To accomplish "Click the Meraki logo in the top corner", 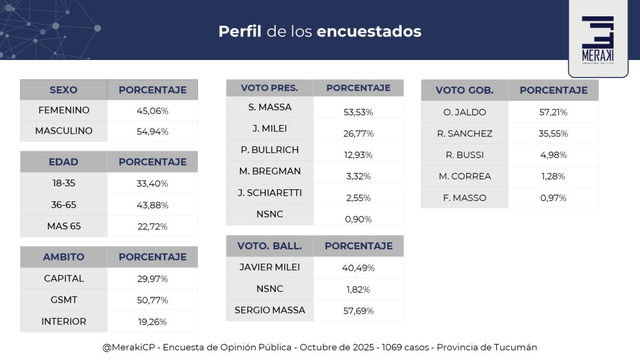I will tap(597, 39).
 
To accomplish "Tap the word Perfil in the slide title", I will tap(239, 31).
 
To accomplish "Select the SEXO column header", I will tap(63, 90).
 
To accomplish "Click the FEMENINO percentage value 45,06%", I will tap(152, 111).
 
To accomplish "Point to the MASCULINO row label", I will tap(64, 131).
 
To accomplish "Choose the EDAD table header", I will tap(63, 162).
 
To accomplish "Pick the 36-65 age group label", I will tap(64, 204).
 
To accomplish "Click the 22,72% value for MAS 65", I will tap(152, 226).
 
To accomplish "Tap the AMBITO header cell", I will tap(63, 257).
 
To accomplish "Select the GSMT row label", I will tap(64, 300).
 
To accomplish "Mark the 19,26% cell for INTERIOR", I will tap(152, 322).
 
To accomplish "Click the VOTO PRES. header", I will tap(269, 88).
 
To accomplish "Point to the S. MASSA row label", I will tap(269, 107).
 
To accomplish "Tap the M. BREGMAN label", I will tap(269, 171).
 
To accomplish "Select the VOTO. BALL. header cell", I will tap(269, 246).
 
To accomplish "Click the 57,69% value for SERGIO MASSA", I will tap(358, 311).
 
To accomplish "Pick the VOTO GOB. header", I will tap(464, 91).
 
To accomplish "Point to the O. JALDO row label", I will tap(464, 112).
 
